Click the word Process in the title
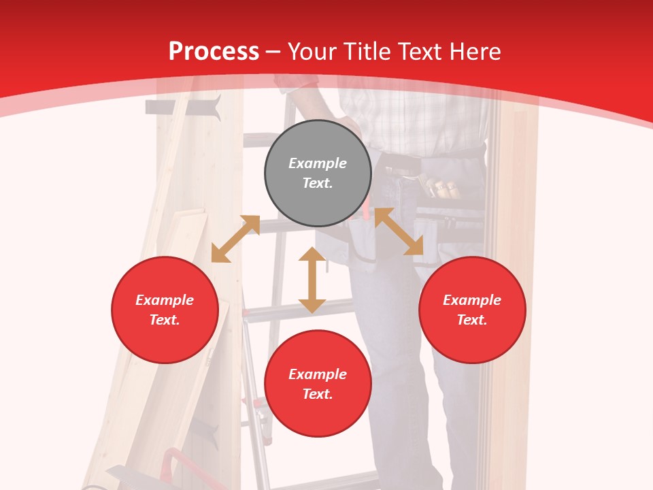(214, 52)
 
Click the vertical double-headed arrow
(312, 280)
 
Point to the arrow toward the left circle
(235, 238)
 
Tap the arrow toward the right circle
(399, 231)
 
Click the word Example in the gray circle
(318, 163)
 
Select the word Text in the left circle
(165, 320)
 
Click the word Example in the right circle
(472, 300)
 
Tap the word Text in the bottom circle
(318, 394)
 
